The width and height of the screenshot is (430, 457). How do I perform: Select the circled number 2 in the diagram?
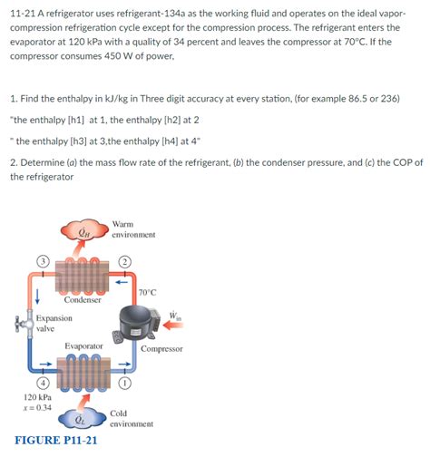pos(126,262)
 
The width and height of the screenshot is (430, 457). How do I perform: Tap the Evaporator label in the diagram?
pos(83,346)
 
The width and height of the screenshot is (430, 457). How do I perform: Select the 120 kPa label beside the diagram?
pos(37,397)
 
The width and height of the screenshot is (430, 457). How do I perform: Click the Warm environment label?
pos(133,228)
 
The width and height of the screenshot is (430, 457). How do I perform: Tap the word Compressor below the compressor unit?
pos(161,348)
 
